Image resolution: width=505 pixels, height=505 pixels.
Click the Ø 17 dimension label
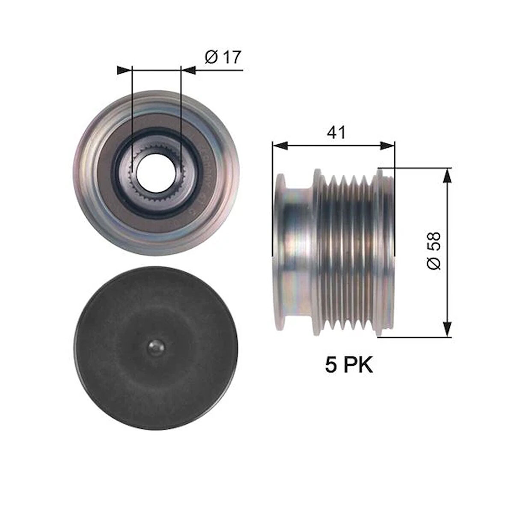[x=223, y=57]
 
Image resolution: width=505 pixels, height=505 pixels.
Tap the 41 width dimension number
[x=336, y=133]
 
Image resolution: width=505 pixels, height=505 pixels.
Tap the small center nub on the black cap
[x=157, y=347]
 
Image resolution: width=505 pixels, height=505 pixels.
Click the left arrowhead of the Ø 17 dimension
[x=124, y=70]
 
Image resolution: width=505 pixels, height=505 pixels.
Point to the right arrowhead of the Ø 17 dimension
[x=189, y=70]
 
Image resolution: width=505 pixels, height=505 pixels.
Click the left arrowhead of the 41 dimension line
[x=279, y=146]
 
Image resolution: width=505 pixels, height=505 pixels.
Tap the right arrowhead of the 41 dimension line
[x=387, y=146]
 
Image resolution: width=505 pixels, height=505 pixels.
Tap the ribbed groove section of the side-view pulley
[x=347, y=253]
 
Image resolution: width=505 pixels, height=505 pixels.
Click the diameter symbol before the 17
[x=211, y=57]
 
